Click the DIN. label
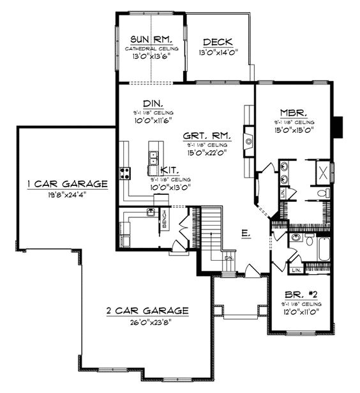click(x=152, y=103)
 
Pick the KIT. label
click(x=169, y=169)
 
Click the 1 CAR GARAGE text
click(x=67, y=184)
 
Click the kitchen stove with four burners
click(x=124, y=172)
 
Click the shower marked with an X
click(x=323, y=172)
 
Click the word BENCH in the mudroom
click(x=164, y=219)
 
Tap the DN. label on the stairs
click(x=229, y=257)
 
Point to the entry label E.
click(x=245, y=234)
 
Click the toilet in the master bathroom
click(x=322, y=192)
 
